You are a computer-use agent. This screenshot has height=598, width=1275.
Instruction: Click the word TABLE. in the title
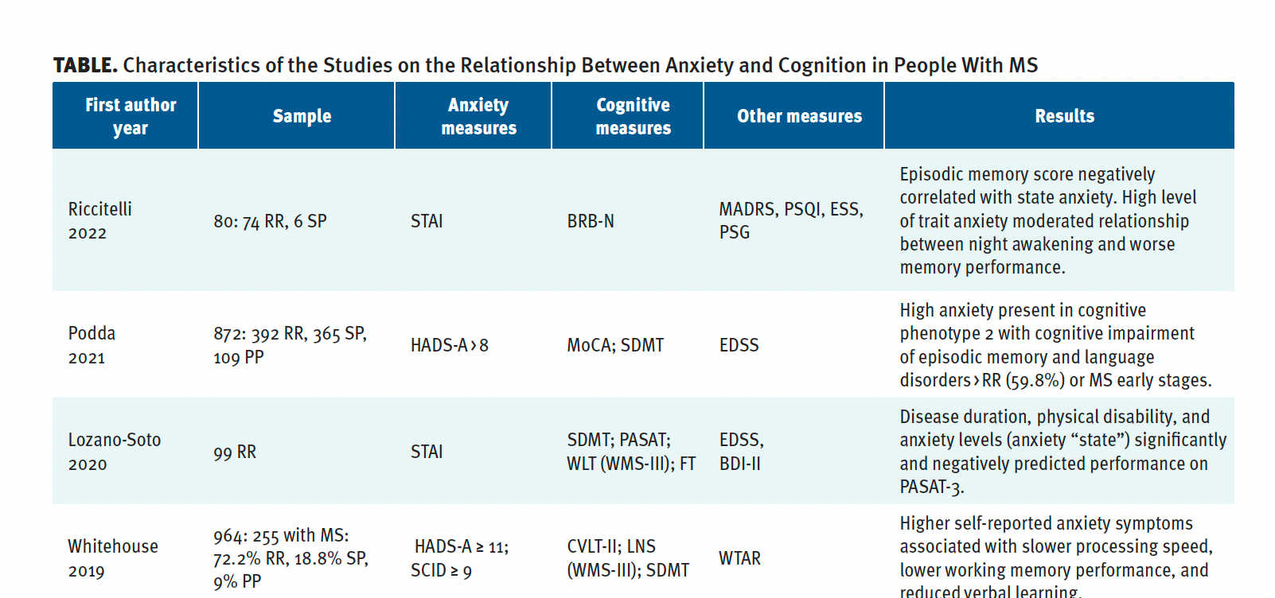point(85,65)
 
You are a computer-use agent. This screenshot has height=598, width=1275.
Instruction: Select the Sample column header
point(302,116)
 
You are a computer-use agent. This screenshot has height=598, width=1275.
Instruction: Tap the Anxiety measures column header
point(478,116)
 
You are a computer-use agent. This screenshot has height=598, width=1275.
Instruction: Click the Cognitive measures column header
point(633,116)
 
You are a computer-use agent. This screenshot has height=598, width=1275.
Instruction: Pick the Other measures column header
point(799,116)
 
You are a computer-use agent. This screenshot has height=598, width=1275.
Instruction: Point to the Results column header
point(1064,116)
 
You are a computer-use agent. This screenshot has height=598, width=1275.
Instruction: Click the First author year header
point(131,116)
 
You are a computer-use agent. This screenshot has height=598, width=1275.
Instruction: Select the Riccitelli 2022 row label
point(99,220)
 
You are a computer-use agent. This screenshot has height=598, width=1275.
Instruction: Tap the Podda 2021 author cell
point(92,345)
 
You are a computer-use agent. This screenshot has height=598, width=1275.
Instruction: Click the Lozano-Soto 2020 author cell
point(114,452)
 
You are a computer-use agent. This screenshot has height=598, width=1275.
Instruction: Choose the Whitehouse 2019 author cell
point(112,558)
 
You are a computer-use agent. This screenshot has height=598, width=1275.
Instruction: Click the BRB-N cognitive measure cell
point(591,221)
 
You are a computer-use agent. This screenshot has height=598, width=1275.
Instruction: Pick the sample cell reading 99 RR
point(235,452)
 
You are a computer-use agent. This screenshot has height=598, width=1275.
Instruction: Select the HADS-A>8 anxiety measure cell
point(450,345)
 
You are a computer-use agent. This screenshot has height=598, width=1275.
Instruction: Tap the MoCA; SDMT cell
point(615,345)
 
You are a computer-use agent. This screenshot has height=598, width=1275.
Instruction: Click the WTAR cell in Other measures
point(739,558)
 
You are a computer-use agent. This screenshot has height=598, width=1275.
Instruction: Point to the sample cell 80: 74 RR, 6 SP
point(270,221)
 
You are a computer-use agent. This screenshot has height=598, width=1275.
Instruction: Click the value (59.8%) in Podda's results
point(1035,380)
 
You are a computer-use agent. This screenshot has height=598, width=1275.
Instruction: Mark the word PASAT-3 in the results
point(930,487)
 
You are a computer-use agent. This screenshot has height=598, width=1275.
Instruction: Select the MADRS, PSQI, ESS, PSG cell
point(790,220)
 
